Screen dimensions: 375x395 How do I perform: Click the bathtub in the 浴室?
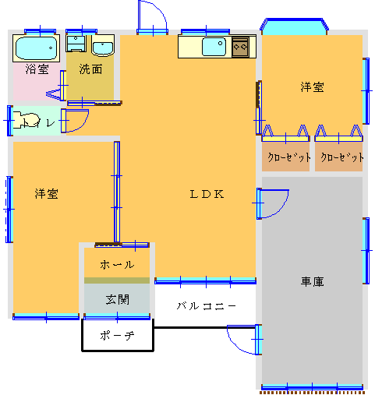pos(36,48)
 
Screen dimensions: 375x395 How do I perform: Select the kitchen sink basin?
pos(214,47)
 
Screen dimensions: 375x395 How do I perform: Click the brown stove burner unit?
pos(240,47)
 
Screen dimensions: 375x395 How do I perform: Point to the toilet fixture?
pos(26,120)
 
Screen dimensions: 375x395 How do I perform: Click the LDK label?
pos(207,194)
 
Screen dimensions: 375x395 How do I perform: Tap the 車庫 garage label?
pos(312,282)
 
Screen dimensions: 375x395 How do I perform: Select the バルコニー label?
pos(207,305)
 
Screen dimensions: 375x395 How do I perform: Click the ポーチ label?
pos(117,336)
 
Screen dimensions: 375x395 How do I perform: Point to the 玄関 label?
pos(117,299)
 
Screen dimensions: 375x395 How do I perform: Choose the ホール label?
pos(117,265)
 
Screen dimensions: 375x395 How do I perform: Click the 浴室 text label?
pos(37,69)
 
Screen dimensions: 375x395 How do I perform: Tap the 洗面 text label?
pos(90,69)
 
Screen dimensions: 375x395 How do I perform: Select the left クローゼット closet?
pos(285,157)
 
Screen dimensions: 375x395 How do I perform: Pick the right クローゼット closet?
pos(338,157)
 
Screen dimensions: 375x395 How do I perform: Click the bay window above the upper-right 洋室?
pos(295,26)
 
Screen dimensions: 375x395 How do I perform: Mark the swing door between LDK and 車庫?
pos(272,204)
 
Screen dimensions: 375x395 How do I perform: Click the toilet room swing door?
pos(75,121)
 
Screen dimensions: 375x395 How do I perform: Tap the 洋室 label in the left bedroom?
pos(47,194)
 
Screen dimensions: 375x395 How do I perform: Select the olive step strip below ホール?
pos(117,280)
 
